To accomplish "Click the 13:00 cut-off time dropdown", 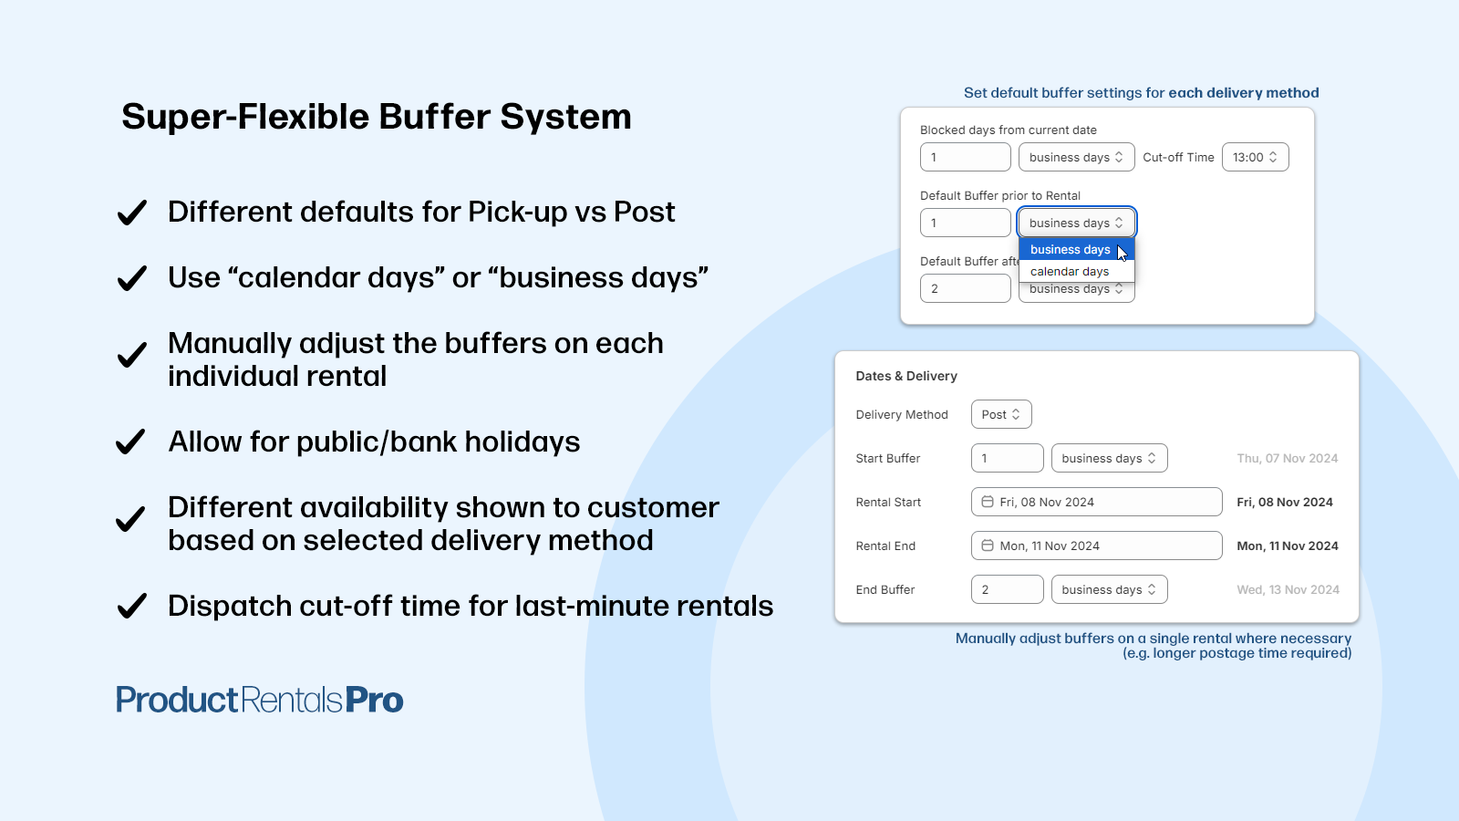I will point(1255,157).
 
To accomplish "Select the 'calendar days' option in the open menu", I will point(1070,272).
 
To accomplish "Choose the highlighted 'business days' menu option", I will point(1070,250).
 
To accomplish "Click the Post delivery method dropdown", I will point(1000,414).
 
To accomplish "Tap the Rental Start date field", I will point(1096,502).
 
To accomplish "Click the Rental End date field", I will point(1096,546).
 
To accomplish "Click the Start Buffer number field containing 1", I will point(1007,458).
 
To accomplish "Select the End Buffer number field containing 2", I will point(1007,589).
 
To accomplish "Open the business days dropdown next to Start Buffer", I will point(1109,458).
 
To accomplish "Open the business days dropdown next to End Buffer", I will point(1109,589).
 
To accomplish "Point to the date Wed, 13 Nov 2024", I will point(1288,590).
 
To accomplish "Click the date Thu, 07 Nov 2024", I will point(1287,459).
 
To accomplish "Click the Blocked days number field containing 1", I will point(965,157).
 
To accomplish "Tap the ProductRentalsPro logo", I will point(260,701).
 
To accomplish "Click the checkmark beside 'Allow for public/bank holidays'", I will point(131,442).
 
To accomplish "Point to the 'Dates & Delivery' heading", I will point(905,376).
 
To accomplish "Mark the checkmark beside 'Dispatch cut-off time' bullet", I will point(132,607).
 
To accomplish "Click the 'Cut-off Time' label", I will point(1178,157).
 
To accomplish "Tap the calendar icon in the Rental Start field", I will point(988,502).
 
